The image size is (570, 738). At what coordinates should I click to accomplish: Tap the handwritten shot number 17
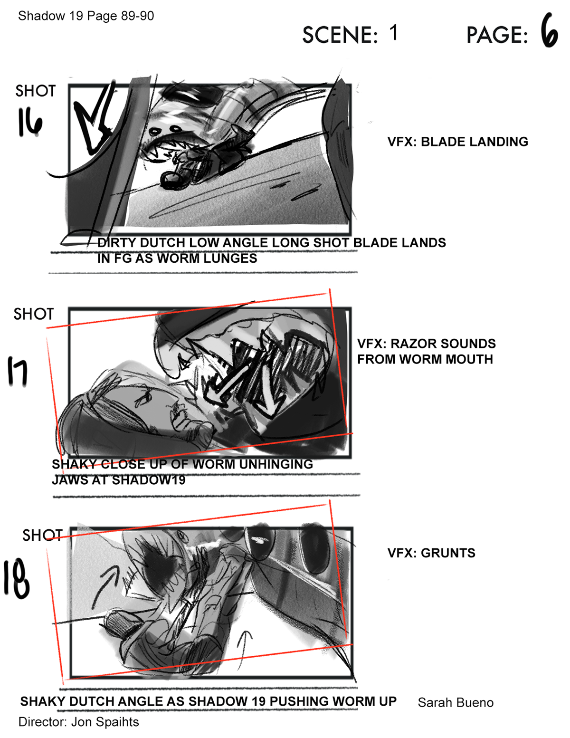pos(18,371)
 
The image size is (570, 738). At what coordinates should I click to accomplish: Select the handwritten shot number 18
pos(17,579)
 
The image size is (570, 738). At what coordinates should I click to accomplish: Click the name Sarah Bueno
pos(456,702)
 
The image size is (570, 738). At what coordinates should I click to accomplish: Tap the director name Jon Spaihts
pos(105,722)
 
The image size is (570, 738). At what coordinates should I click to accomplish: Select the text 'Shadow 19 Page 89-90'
pos(86,16)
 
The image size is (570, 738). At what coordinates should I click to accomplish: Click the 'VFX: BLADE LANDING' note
pos(457,142)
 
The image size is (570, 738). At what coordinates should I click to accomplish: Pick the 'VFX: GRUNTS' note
pos(431,553)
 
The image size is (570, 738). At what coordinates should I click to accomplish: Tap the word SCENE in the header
pos(340,35)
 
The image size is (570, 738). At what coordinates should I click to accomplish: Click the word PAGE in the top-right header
pos(497,35)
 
